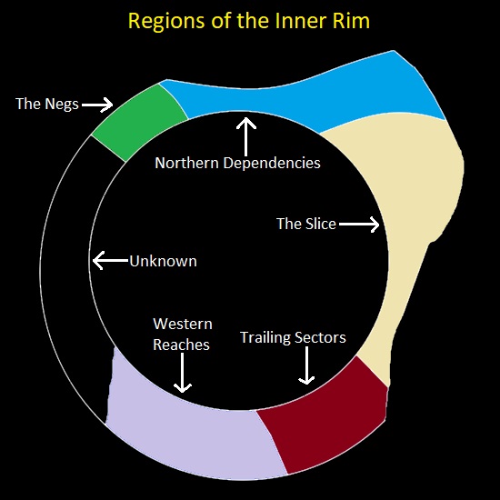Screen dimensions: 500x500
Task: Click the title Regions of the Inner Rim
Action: coord(249,21)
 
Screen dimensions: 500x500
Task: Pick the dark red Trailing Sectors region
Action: coord(323,414)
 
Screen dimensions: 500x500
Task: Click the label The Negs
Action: coord(46,104)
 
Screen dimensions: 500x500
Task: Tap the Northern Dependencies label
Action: coord(237,164)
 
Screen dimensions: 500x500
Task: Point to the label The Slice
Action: coord(306,224)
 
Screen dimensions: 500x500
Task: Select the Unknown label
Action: coord(163,261)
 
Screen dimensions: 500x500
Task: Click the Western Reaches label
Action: coord(182,335)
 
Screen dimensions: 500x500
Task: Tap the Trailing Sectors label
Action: coord(293,338)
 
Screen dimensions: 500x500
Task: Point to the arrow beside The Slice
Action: coord(360,224)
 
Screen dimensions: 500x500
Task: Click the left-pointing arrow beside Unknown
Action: coord(110,261)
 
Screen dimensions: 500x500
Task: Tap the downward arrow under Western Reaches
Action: coord(182,373)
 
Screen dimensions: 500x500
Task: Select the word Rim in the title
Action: coord(350,21)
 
